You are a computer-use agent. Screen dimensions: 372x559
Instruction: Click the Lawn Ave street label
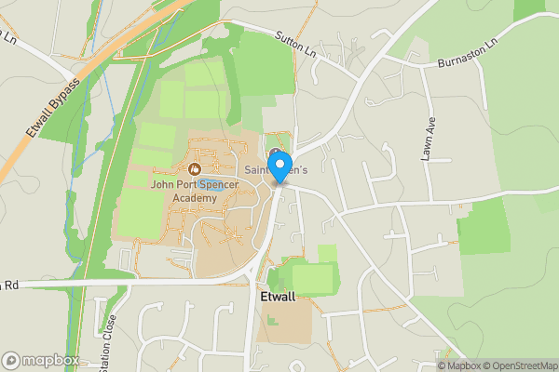(x=429, y=139)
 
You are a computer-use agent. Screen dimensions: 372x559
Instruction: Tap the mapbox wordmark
(x=52, y=360)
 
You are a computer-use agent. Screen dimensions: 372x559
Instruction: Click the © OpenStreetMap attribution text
(x=519, y=365)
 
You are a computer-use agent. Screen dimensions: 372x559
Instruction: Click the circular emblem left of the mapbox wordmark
(x=12, y=360)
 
